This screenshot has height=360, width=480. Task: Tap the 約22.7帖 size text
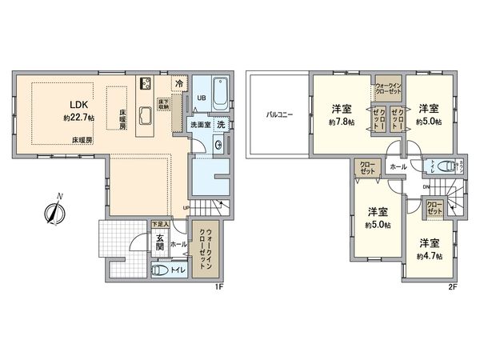(77, 118)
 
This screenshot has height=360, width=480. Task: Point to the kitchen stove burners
(146, 83)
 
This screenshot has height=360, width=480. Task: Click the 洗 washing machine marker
(222, 125)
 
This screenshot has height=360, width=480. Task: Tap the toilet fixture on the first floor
(161, 270)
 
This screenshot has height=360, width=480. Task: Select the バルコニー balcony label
(279, 115)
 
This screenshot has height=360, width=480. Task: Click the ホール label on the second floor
(397, 167)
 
